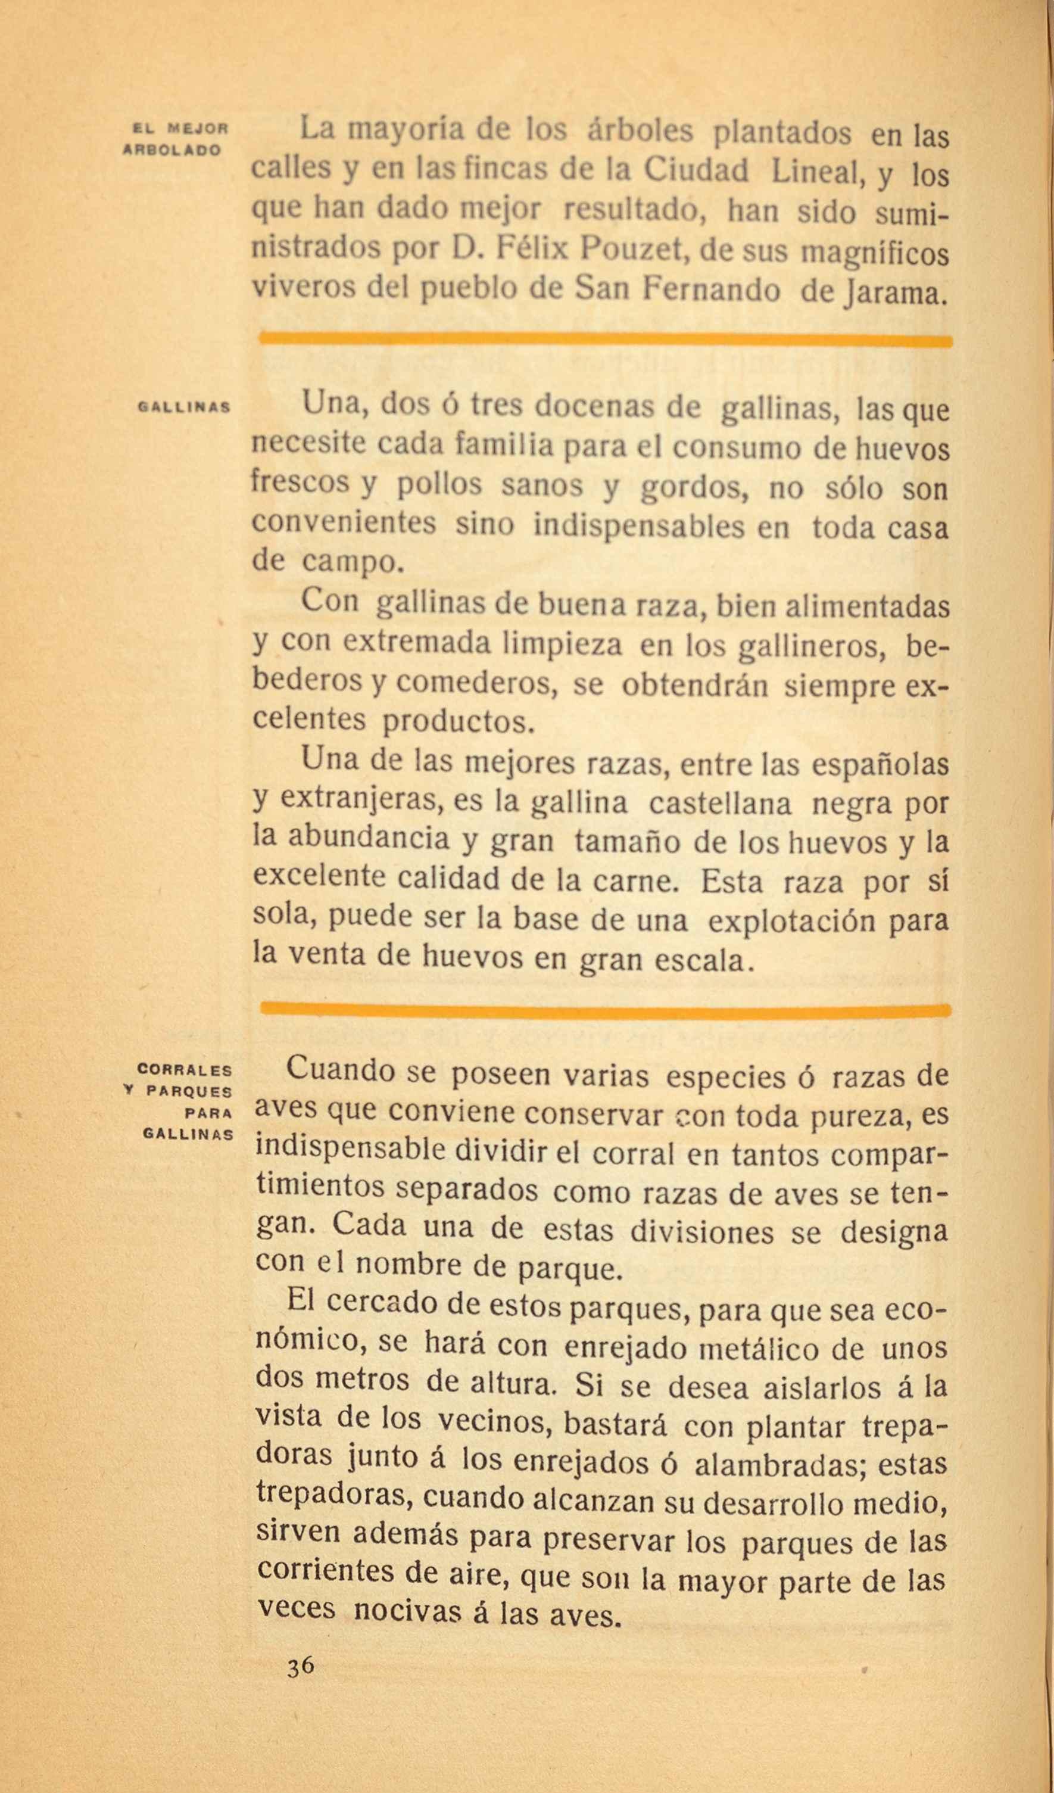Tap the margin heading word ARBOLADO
tap(173, 151)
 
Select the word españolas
tap(879, 765)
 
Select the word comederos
tap(475, 683)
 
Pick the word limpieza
tap(562, 644)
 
